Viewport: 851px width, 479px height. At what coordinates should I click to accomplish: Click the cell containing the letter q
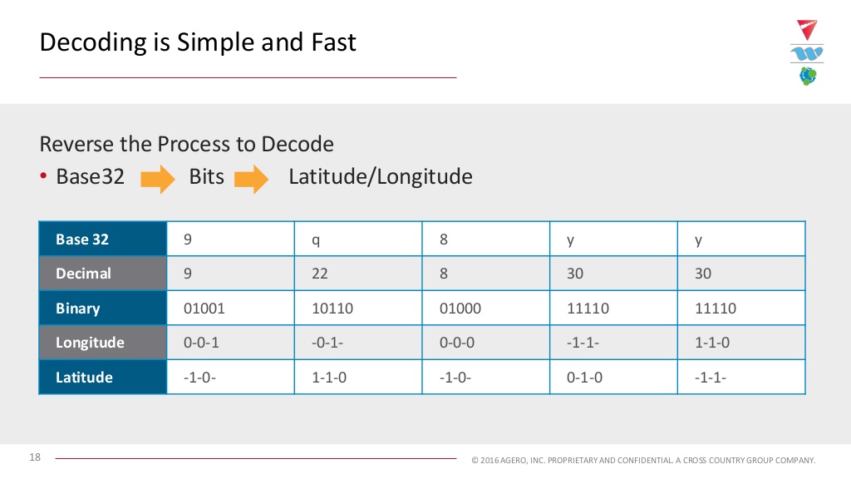tap(358, 239)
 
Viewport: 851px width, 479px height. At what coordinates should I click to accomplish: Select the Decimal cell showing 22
tap(358, 273)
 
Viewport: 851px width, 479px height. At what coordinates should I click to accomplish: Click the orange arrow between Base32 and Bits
tap(157, 179)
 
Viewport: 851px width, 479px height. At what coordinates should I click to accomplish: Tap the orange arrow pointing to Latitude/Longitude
tap(251, 179)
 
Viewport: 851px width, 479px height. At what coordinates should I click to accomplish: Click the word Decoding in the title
tap(93, 43)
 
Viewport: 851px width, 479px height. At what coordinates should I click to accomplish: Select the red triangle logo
tap(806, 29)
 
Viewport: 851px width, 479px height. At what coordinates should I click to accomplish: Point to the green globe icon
tap(808, 76)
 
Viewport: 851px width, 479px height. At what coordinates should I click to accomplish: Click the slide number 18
tap(35, 457)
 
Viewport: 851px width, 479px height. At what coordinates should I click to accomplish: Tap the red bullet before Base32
tap(43, 175)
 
